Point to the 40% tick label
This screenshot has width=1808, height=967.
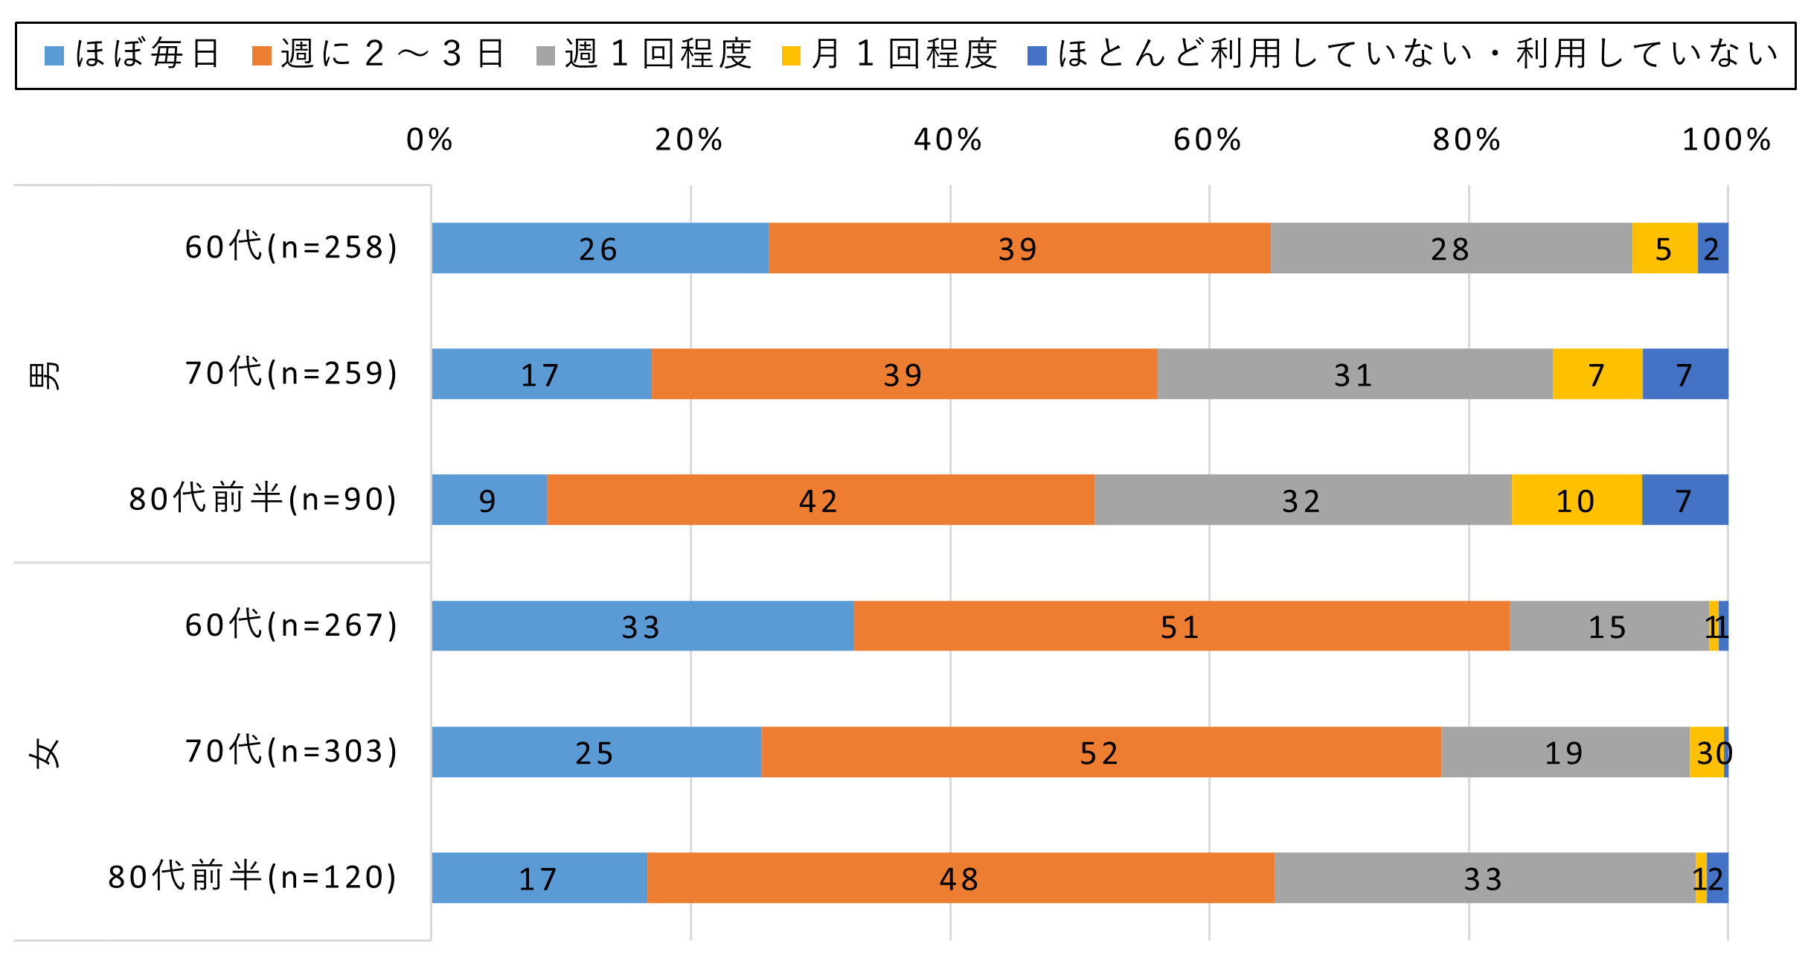(x=948, y=140)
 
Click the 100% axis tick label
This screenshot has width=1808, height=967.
(x=1726, y=140)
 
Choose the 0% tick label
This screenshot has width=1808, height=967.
(x=429, y=140)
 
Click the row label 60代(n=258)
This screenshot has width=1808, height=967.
(x=292, y=247)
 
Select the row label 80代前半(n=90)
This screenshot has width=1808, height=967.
(x=263, y=499)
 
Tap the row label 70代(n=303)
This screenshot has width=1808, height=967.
(x=292, y=751)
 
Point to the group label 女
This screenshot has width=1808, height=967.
(x=45, y=753)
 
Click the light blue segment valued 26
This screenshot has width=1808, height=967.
(x=600, y=248)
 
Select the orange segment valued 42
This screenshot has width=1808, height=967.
(x=820, y=500)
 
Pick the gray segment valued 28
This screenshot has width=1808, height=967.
(x=1451, y=248)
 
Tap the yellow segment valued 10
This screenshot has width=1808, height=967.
(x=1576, y=500)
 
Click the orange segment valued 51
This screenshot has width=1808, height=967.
(x=1181, y=626)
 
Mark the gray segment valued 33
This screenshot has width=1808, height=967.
(x=1484, y=878)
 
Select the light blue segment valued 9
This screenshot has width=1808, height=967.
(x=489, y=500)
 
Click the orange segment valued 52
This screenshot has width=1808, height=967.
(x=1100, y=752)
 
